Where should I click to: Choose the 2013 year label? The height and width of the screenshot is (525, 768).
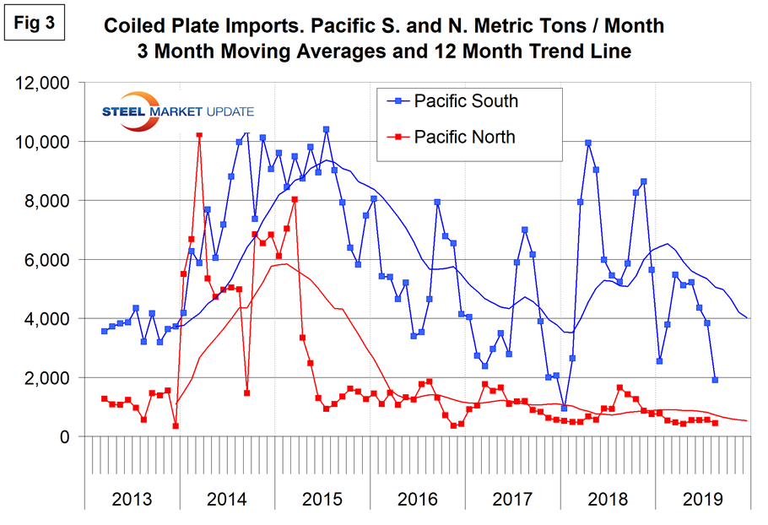[133, 498]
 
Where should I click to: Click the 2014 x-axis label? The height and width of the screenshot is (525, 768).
[227, 498]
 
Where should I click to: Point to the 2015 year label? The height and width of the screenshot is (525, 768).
[322, 498]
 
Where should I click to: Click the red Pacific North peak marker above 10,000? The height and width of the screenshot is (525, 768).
[199, 134]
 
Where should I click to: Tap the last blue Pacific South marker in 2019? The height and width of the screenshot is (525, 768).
[715, 380]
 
